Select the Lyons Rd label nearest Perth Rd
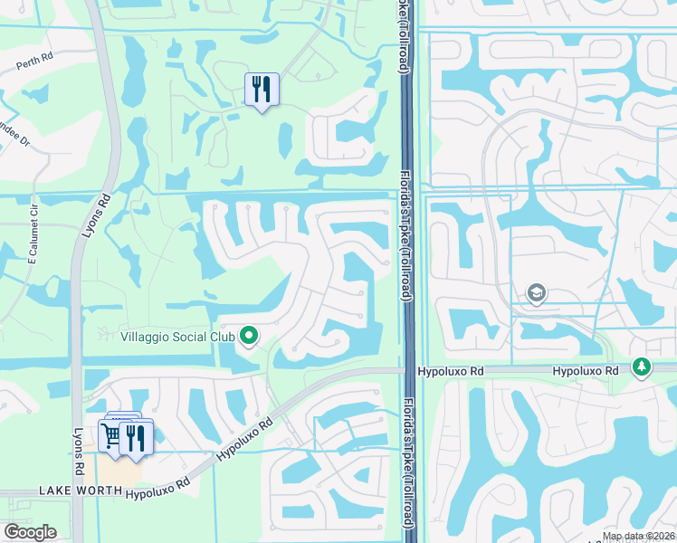click(97, 215)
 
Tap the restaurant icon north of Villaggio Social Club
click(262, 90)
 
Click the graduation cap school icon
click(537, 293)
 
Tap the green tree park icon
click(642, 367)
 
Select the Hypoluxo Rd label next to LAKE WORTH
click(158, 489)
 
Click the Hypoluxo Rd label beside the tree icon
click(585, 371)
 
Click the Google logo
click(30, 531)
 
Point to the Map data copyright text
click(638, 536)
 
